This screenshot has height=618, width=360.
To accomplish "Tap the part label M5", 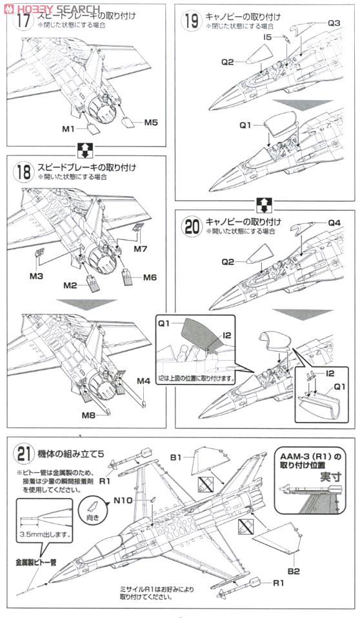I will coord(151,123).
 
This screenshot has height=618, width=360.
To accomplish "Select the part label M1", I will coord(69,128).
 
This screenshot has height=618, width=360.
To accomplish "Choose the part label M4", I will coord(144,381).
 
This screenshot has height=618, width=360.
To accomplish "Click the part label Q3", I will coord(334,23).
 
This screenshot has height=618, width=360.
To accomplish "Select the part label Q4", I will coord(334,223).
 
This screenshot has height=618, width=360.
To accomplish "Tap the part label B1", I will coord(176,457).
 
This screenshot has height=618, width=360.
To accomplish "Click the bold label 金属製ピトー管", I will coord(35,562).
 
